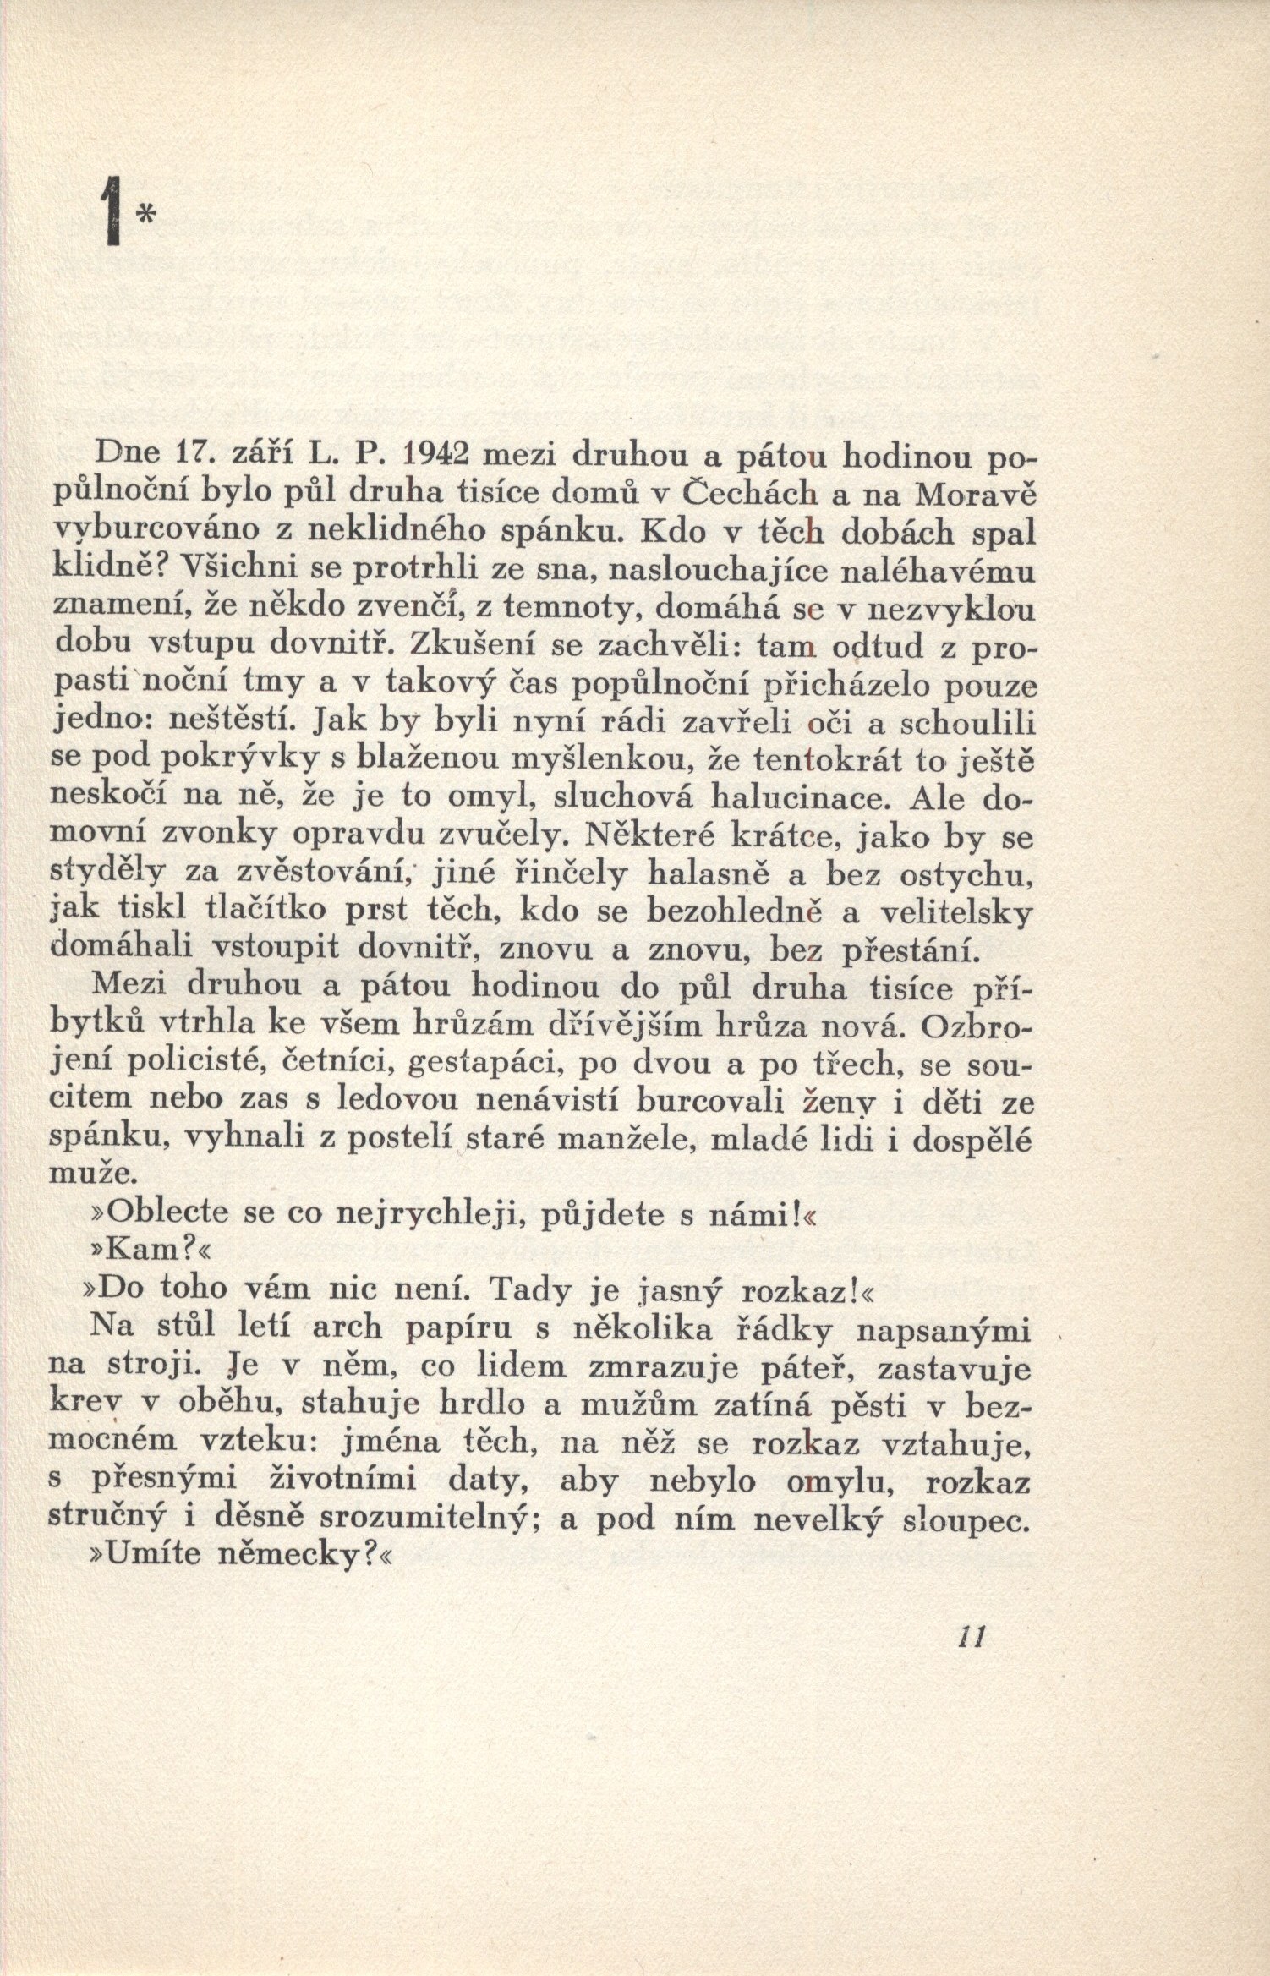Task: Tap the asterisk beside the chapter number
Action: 145,218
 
